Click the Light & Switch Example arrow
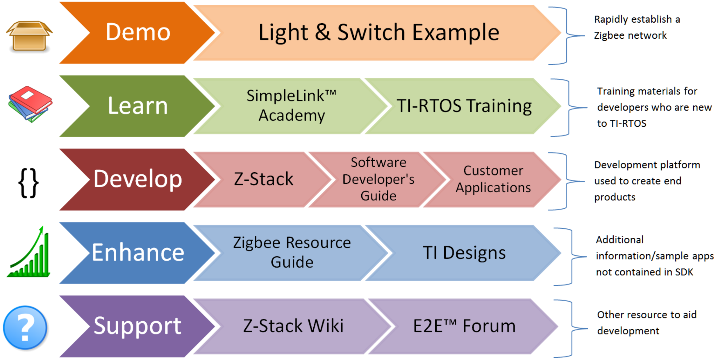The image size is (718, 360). click(378, 33)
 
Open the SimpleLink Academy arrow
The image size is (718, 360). click(291, 106)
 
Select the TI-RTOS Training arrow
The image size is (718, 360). click(464, 106)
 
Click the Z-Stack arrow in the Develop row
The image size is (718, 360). click(263, 179)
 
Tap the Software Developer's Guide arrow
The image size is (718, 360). click(378, 179)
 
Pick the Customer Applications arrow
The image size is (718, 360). click(493, 179)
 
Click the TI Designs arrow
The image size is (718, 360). click(464, 253)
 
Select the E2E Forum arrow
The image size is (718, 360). click(464, 326)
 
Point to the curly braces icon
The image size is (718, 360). click(28, 183)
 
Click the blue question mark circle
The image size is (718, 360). click(25, 328)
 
